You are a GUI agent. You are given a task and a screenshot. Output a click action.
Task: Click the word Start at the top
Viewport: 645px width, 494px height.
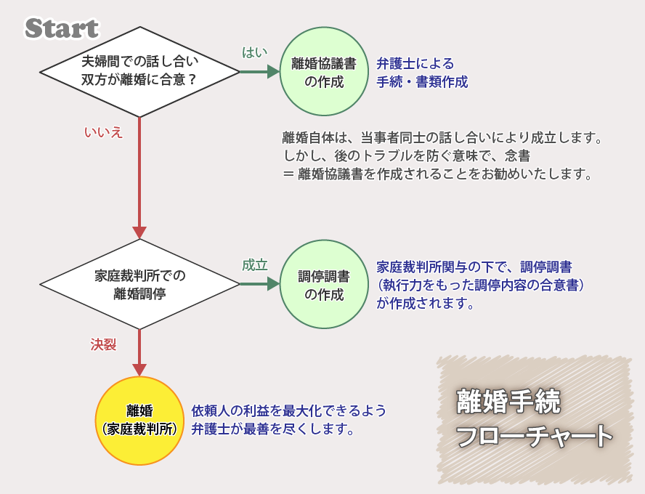point(61,28)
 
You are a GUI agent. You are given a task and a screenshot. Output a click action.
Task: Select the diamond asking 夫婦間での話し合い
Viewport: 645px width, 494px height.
point(139,71)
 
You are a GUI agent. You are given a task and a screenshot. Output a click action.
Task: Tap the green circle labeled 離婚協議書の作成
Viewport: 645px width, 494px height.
point(324,71)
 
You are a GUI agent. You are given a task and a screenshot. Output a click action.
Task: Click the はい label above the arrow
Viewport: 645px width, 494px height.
point(254,52)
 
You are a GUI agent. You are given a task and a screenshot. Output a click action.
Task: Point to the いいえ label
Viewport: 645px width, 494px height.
point(103,132)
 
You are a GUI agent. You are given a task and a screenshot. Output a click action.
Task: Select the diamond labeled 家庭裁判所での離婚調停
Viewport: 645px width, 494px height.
point(139,284)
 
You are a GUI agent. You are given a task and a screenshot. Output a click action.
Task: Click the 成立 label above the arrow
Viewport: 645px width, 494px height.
point(254,265)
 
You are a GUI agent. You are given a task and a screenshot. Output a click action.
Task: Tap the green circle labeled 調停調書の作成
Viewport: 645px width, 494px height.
point(324,285)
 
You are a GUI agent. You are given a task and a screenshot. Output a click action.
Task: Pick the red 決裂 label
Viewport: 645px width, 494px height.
point(103,344)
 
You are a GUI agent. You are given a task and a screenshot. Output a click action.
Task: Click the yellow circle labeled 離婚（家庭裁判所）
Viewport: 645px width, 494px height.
point(139,421)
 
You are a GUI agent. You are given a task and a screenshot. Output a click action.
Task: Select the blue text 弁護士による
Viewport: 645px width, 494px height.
point(415,64)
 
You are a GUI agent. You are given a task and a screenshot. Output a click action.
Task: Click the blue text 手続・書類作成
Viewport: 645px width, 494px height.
point(422,81)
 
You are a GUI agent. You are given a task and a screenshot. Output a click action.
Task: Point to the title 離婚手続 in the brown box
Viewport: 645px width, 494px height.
point(508,402)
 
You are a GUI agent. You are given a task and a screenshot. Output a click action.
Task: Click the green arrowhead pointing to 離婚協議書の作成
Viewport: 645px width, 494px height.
point(274,71)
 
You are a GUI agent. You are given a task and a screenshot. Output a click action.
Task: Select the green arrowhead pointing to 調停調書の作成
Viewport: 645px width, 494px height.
point(274,284)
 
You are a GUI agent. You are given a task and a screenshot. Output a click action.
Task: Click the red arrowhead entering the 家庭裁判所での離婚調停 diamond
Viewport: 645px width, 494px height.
point(139,233)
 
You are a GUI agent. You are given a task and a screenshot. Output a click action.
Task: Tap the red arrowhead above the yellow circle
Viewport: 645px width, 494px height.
point(139,370)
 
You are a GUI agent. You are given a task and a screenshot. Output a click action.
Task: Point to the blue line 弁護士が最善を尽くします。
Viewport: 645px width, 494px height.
point(273,429)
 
